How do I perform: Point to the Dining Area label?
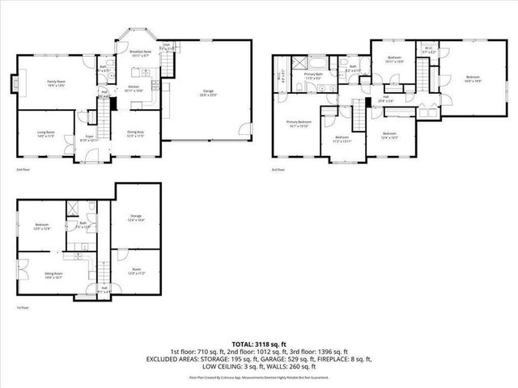[136, 133]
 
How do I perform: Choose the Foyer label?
[91, 138]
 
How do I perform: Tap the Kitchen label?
[134, 87]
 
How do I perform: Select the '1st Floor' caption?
[24, 308]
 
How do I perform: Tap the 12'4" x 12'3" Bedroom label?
[389, 134]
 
